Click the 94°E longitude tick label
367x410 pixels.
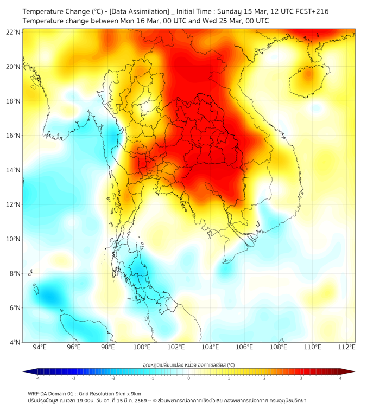[40, 347]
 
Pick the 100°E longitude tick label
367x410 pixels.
[142, 347]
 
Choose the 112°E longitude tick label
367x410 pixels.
[347, 347]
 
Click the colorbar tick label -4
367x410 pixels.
[37, 378]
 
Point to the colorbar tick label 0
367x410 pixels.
[189, 378]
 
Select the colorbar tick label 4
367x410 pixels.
[340, 378]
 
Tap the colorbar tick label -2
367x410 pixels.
[113, 378]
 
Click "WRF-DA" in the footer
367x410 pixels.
[39, 393]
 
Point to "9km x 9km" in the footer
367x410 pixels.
[128, 393]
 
